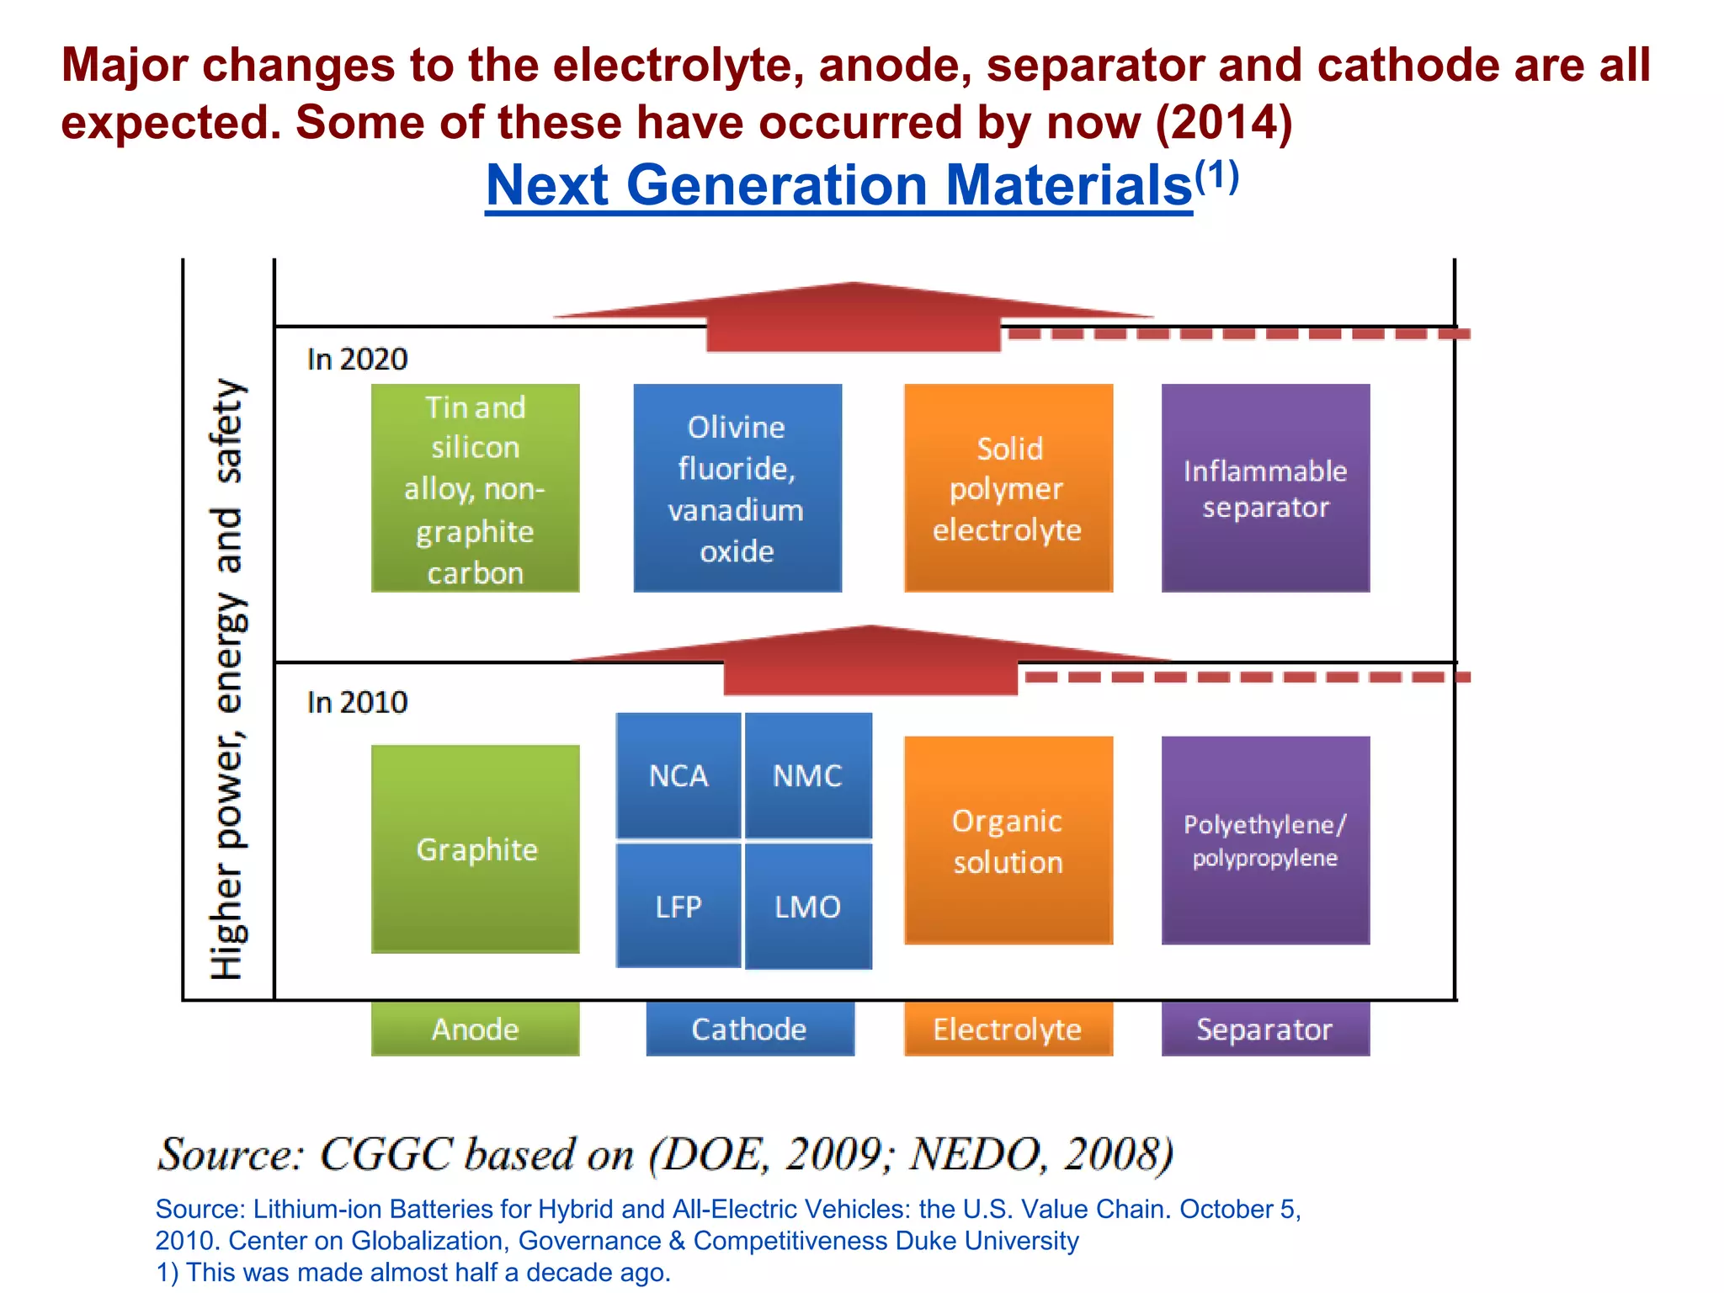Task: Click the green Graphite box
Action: coord(476,849)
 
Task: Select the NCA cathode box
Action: coord(678,775)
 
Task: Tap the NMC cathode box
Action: coord(808,775)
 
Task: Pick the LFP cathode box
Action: coord(678,906)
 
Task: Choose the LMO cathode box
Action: coord(808,906)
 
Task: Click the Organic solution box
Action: coord(1008,840)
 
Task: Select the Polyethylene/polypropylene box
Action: coord(1265,840)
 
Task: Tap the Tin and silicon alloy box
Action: coord(476,488)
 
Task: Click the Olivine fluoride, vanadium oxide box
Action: coord(737,488)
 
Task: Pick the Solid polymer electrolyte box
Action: coord(1008,488)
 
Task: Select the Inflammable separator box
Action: coord(1265,488)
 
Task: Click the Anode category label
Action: coord(476,1029)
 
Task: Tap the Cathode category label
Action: coord(749,1029)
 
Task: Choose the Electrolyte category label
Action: coord(1008,1029)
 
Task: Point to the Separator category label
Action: coord(1265,1029)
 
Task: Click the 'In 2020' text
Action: coord(357,359)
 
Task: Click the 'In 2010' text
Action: coord(357,702)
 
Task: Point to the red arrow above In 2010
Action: coord(870,662)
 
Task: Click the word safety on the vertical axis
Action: coord(227,430)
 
